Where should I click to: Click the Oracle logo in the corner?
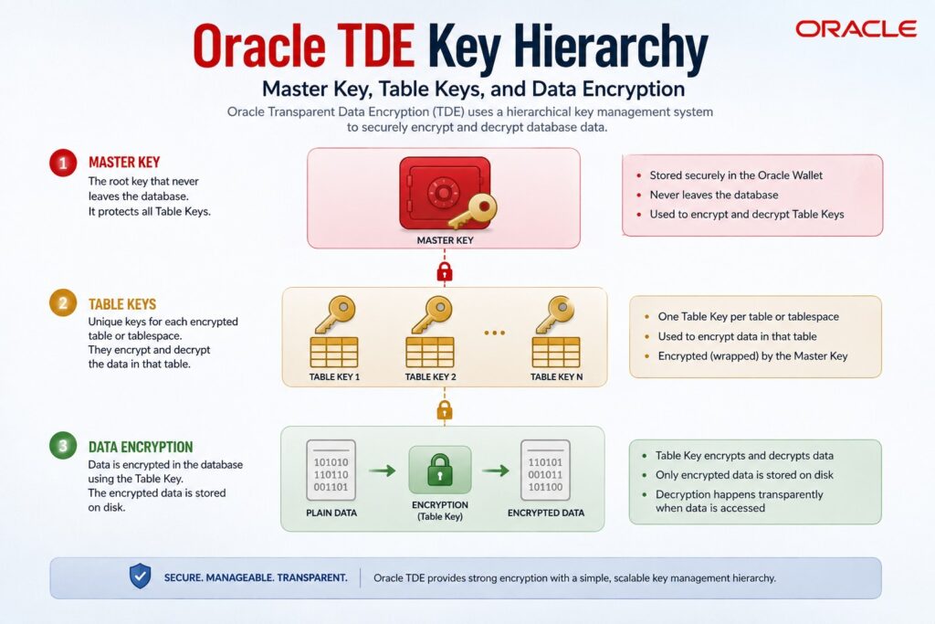coord(856,28)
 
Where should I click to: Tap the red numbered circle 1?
coord(63,163)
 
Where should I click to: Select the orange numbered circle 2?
coord(63,303)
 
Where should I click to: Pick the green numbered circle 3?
coord(63,446)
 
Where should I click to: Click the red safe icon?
coord(445,194)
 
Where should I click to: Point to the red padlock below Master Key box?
coord(445,271)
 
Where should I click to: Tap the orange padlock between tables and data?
coord(445,410)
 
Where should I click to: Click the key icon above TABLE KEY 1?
coord(336,314)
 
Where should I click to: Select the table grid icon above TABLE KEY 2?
coord(430,353)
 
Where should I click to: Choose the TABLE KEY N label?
coord(556,377)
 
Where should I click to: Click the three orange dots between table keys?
coord(494,333)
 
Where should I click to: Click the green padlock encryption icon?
coord(439,470)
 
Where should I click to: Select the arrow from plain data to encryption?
coord(383,471)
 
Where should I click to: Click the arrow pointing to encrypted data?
coord(496,471)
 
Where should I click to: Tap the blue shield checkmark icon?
coord(140,576)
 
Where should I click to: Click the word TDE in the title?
coord(375,46)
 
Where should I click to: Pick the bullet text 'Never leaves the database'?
coord(714,195)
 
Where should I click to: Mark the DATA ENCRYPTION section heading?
coord(141,447)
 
